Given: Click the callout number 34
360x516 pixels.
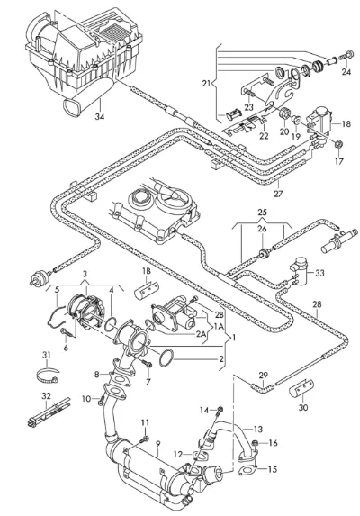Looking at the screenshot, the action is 100,116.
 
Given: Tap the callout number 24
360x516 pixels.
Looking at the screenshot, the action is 346,72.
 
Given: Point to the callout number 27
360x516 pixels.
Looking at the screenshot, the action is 278,194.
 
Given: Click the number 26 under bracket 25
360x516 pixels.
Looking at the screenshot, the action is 262,229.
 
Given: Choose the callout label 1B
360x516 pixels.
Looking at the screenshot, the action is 147,271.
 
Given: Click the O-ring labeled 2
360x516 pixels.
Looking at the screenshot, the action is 166,358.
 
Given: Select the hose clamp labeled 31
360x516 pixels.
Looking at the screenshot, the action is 47,376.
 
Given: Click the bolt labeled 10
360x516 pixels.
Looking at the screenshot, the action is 101,400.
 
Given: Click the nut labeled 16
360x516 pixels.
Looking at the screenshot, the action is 254,444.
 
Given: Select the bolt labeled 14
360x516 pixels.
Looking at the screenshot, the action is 220,410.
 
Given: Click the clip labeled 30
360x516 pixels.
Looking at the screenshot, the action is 301,389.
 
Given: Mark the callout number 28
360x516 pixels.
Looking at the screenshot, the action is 317,304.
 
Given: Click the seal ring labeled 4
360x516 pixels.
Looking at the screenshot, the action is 111,324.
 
